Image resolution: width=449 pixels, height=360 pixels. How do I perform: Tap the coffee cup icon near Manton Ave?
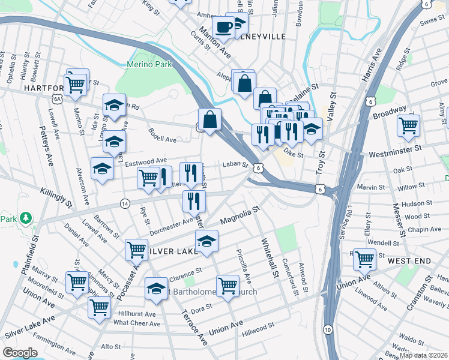pyautogui.click(x=223, y=27)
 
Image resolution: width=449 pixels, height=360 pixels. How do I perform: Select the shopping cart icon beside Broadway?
pyautogui.click(x=408, y=125)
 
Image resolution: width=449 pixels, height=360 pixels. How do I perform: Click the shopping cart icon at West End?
pyautogui.click(x=364, y=259)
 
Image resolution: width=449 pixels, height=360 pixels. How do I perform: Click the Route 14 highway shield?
pyautogui.click(x=125, y=203)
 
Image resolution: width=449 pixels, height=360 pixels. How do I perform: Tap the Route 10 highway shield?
pyautogui.click(x=327, y=330)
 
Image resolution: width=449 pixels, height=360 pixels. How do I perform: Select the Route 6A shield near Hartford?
pyautogui.click(x=57, y=98)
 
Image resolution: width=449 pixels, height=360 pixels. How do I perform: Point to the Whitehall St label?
pyautogui.click(x=269, y=256)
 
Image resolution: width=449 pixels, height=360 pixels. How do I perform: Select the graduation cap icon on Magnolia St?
pyautogui.click(x=206, y=241)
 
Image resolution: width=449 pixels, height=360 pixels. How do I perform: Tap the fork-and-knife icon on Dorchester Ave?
pyautogui.click(x=194, y=201)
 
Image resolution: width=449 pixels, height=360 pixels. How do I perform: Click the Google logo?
pyautogui.click(x=20, y=352)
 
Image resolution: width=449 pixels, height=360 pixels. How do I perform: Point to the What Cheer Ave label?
pyautogui.click(x=137, y=323)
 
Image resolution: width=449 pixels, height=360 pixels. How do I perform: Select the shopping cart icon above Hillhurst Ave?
pyautogui.click(x=100, y=307)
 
